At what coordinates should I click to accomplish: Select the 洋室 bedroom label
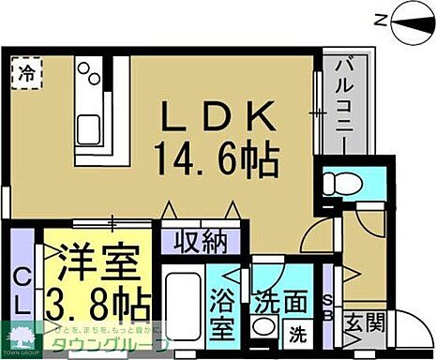pyautogui.click(x=93, y=257)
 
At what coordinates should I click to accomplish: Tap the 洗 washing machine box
pyautogui.click(x=295, y=332)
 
